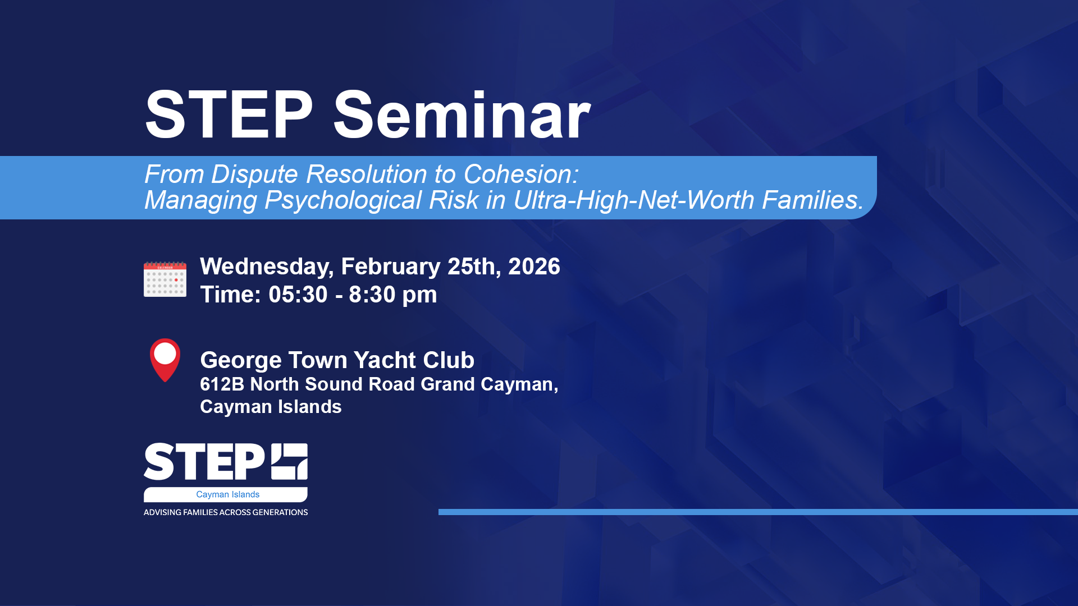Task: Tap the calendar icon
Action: (x=165, y=279)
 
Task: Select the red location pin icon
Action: (x=165, y=360)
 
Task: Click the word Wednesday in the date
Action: (x=267, y=267)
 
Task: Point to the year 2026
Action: (x=534, y=267)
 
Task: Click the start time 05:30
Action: (x=298, y=295)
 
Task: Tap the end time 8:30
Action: (x=372, y=295)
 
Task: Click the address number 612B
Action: (x=222, y=384)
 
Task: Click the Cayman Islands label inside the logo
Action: (x=227, y=494)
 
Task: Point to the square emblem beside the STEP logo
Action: (x=290, y=461)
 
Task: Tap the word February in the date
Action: (x=391, y=267)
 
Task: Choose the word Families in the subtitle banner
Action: (x=812, y=200)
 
